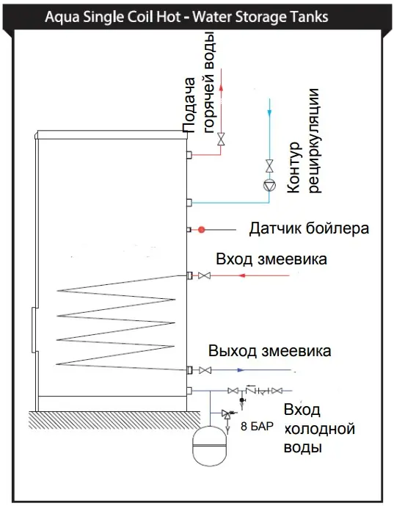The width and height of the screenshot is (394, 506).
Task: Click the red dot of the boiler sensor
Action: (202, 230)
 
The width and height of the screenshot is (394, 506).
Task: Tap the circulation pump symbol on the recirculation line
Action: (269, 186)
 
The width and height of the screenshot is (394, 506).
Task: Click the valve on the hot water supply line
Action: (221, 139)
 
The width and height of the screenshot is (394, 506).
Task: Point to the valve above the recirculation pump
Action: (269, 166)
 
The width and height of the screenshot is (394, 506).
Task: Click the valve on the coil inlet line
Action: (205, 275)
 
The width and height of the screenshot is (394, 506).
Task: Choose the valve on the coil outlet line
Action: (205, 370)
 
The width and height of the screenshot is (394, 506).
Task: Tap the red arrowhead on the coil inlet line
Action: (242, 275)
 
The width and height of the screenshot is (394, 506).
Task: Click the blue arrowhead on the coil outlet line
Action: (241, 370)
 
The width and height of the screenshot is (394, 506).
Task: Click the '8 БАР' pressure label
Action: (257, 426)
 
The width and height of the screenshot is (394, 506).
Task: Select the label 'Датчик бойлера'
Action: (309, 228)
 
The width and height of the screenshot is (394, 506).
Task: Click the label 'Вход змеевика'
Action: (271, 259)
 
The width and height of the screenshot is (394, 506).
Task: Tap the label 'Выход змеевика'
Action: (270, 351)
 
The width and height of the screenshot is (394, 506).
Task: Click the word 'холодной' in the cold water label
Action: (320, 429)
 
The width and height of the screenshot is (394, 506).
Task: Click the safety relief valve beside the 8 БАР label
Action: (227, 414)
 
